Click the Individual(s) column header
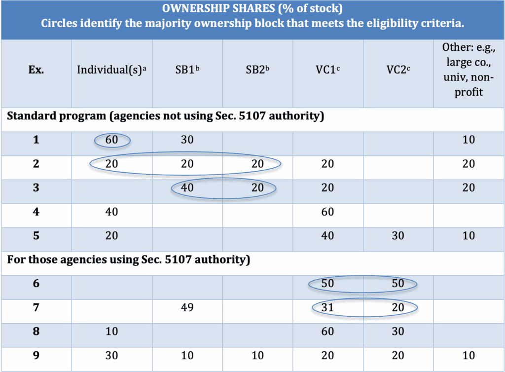(x=112, y=70)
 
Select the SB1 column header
(x=187, y=70)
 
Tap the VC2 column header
(x=398, y=70)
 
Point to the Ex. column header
(x=36, y=70)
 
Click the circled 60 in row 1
(x=112, y=140)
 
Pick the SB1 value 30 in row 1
(x=187, y=140)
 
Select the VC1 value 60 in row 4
(x=327, y=212)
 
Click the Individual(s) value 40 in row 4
(x=112, y=212)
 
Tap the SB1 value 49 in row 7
(x=187, y=308)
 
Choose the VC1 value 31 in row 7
(x=327, y=308)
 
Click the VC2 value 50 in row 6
(x=398, y=284)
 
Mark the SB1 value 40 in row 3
(x=187, y=188)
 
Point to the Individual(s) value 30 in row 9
(x=112, y=356)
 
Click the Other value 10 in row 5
(x=469, y=236)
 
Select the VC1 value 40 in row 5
(x=327, y=236)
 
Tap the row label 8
(x=36, y=332)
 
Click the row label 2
(x=36, y=164)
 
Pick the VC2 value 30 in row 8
(x=398, y=332)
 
